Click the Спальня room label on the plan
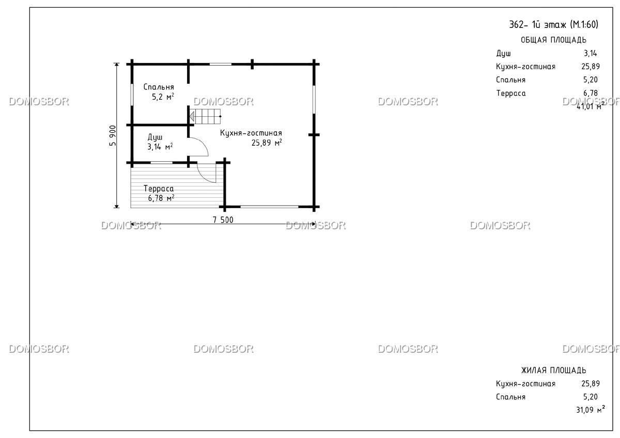pos(159,87)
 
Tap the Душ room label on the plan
pos(154,137)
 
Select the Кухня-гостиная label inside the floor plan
pos(251,133)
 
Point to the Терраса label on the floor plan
pos(159,189)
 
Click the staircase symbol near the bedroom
pos(205,117)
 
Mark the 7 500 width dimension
pos(223,220)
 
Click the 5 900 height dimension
pos(113,135)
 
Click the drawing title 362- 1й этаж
pos(553,25)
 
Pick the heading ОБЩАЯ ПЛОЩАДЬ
pos(553,40)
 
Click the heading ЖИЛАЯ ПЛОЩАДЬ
pos(553,370)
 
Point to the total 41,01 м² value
pos(591,106)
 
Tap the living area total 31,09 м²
pos(591,410)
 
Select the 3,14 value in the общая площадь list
pos(591,53)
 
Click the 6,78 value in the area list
pos(591,93)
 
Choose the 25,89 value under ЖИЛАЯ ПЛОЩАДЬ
pos(591,384)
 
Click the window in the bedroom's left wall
pos(132,95)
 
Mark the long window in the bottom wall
pos(269,207)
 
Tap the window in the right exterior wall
pos(314,100)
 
